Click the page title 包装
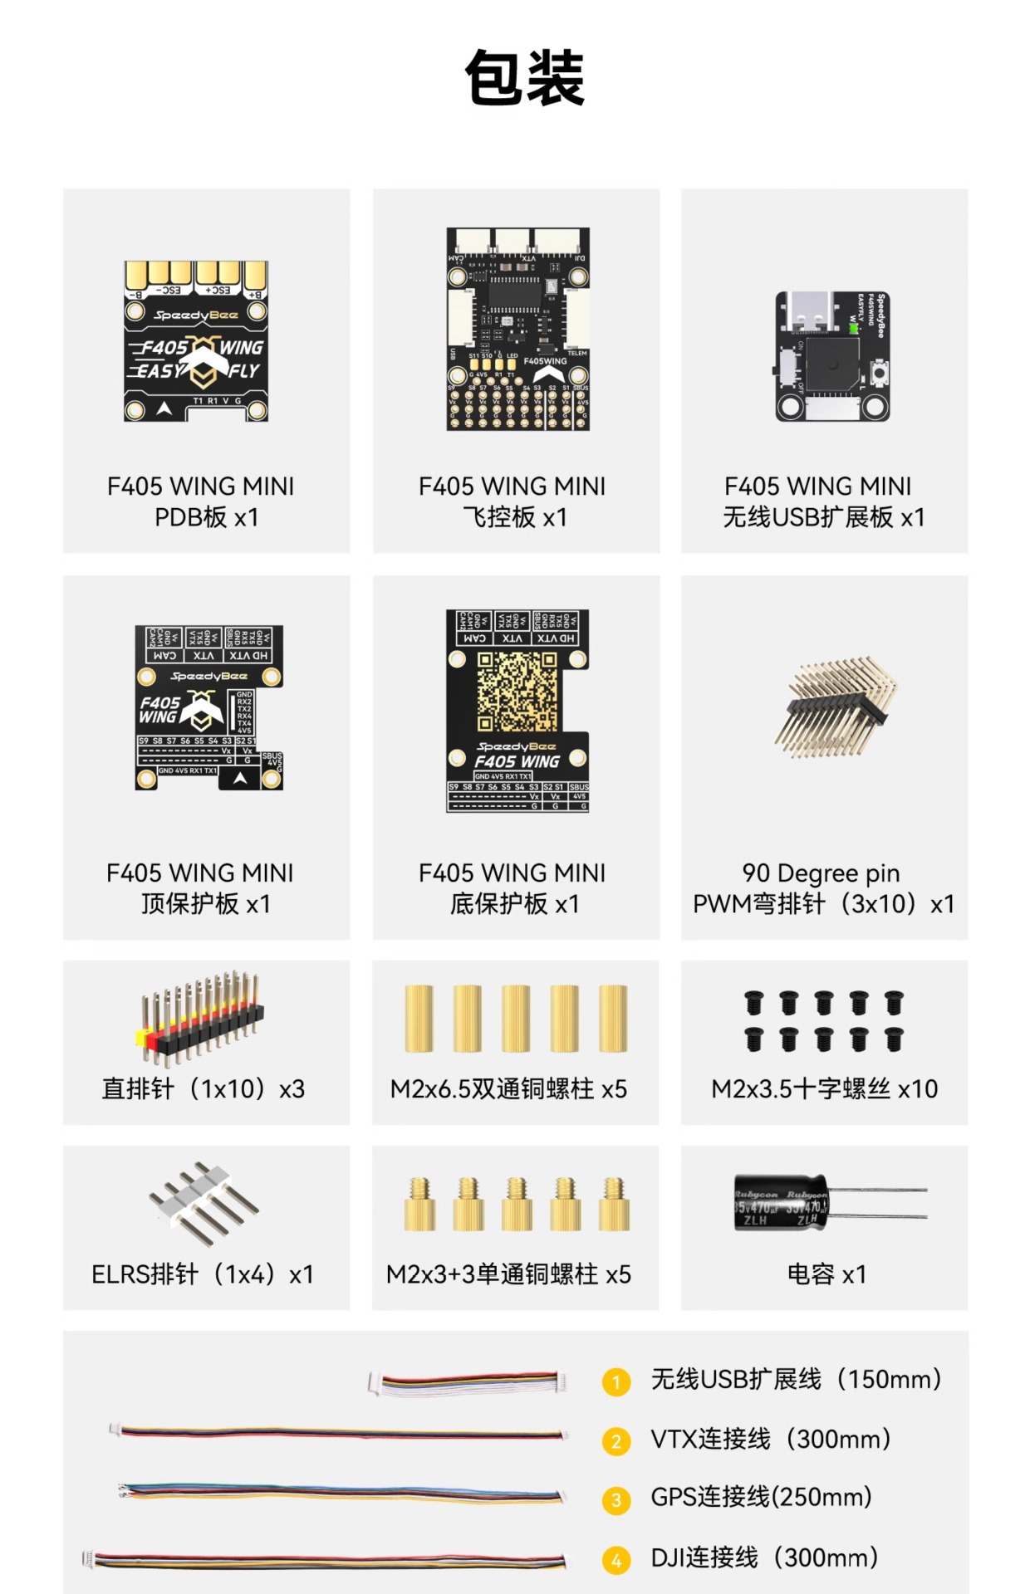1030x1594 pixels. point(525,77)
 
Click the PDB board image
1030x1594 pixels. point(196,341)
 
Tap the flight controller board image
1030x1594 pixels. point(517,330)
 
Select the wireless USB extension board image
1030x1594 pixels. point(832,356)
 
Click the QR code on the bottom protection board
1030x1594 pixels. point(517,691)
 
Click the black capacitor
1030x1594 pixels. point(781,1202)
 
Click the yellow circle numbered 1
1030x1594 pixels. point(616,1382)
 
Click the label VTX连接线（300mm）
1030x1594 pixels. point(770,1439)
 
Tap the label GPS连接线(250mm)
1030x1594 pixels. point(761,1497)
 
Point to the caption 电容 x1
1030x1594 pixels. point(826,1274)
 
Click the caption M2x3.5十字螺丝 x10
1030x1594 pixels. point(824,1088)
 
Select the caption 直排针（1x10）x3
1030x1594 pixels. point(204,1088)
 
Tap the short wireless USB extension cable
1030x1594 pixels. point(468,1382)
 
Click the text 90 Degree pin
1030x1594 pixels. point(821,873)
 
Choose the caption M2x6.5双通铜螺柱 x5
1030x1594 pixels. point(508,1088)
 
